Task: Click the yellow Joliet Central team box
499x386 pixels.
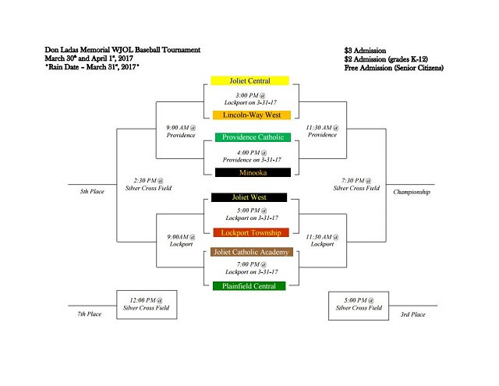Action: pos(250,80)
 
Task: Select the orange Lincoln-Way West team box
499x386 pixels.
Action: pos(250,115)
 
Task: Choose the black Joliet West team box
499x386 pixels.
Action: pos(250,197)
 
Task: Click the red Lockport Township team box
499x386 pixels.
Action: pos(250,232)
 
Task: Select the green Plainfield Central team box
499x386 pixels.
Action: pos(250,286)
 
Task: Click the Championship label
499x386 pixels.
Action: pos(412,192)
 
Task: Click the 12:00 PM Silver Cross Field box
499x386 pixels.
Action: pos(147,304)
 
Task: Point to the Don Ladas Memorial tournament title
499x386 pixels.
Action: pos(122,50)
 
